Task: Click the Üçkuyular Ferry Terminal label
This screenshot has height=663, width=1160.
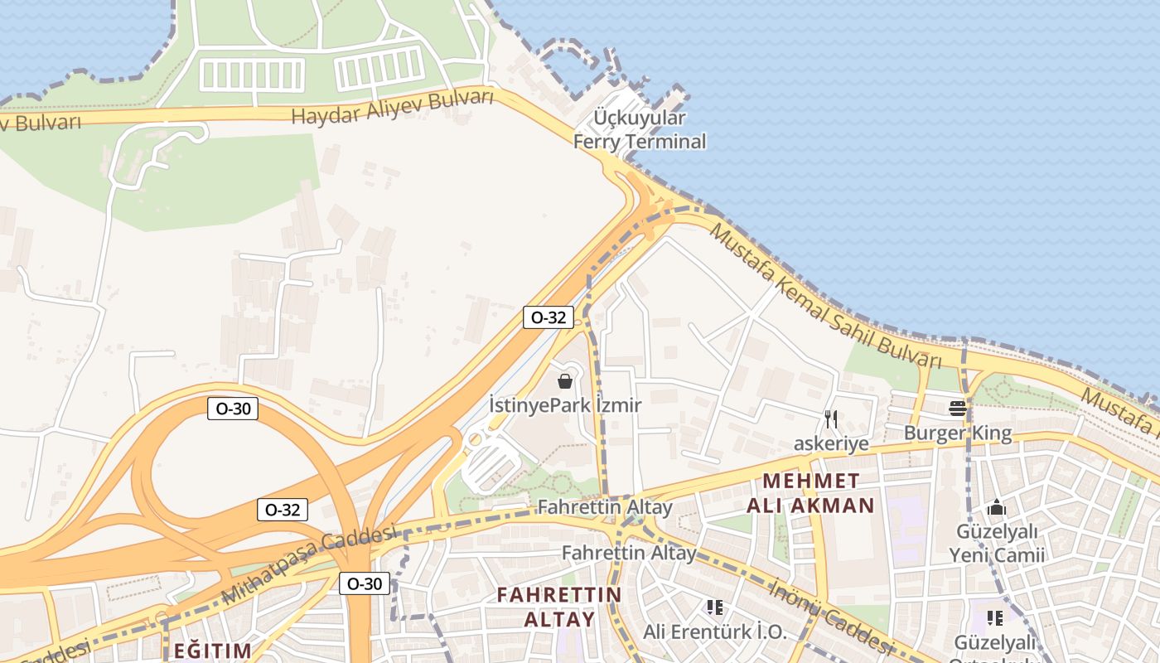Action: pyautogui.click(x=640, y=129)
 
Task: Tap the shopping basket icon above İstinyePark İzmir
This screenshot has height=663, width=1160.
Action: pyautogui.click(x=565, y=381)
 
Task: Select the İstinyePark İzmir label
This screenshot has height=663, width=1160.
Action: pyautogui.click(x=565, y=405)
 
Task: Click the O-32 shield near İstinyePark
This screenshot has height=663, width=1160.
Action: pyautogui.click(x=548, y=317)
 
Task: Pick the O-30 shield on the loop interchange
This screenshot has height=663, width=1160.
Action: pyautogui.click(x=233, y=408)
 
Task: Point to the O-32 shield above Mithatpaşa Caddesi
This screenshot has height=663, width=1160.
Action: pyautogui.click(x=283, y=510)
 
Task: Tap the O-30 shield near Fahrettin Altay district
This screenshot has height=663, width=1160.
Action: pyautogui.click(x=364, y=583)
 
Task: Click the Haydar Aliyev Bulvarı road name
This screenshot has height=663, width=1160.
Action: pyautogui.click(x=392, y=108)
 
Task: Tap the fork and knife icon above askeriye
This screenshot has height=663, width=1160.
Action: pyautogui.click(x=831, y=419)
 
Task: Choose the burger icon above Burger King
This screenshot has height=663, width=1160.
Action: pyautogui.click(x=958, y=408)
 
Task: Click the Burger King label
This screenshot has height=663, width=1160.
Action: pyautogui.click(x=957, y=433)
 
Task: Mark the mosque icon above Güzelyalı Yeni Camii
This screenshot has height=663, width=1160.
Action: pyautogui.click(x=997, y=507)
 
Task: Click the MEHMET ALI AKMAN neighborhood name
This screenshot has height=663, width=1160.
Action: pyautogui.click(x=810, y=493)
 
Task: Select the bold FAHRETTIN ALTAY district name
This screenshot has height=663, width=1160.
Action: pyautogui.click(x=558, y=607)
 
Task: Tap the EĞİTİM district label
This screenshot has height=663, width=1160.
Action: pyautogui.click(x=212, y=651)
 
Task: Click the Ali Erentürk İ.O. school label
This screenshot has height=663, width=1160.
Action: pyautogui.click(x=715, y=632)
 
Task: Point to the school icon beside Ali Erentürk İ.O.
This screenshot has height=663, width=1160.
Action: pyautogui.click(x=715, y=607)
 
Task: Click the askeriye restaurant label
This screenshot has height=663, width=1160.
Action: pyautogui.click(x=831, y=443)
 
